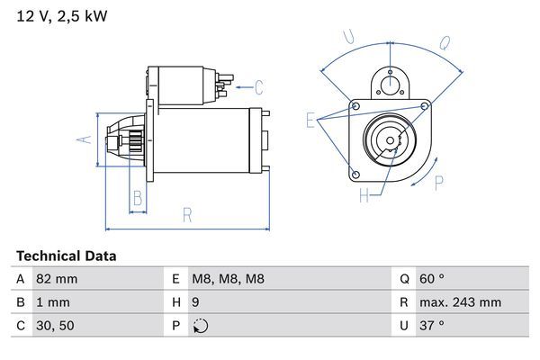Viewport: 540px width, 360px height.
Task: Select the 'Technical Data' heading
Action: coord(66,256)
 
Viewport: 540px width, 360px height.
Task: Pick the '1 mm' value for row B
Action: coord(51,303)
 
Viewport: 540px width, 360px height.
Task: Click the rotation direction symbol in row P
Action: coord(201,327)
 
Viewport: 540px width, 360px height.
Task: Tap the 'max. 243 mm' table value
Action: coord(461,303)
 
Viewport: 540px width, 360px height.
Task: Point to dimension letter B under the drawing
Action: coord(138,198)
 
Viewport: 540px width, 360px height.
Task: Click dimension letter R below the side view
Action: coord(187,214)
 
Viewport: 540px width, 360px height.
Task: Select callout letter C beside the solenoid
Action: coord(258,87)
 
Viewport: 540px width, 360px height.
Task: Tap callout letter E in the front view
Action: coord(310,120)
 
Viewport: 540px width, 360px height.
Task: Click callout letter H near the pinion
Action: coord(364,194)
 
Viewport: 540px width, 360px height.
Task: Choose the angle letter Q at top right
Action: coord(444,41)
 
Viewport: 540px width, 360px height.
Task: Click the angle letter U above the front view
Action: coord(350,38)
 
